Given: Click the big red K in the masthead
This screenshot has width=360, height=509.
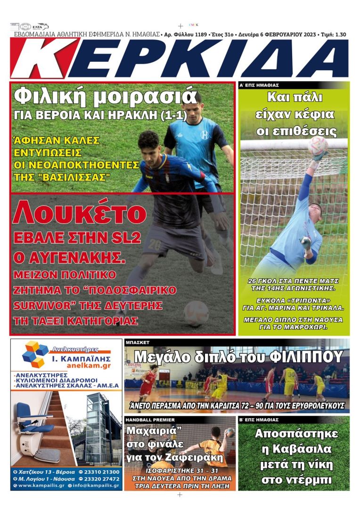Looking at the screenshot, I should click(x=45, y=58).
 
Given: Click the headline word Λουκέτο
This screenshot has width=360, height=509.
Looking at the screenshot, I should click(x=79, y=213).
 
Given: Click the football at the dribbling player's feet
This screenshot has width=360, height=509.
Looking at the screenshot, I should click(x=196, y=313).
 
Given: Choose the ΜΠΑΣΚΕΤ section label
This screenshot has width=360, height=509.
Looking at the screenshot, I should click(x=137, y=343).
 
